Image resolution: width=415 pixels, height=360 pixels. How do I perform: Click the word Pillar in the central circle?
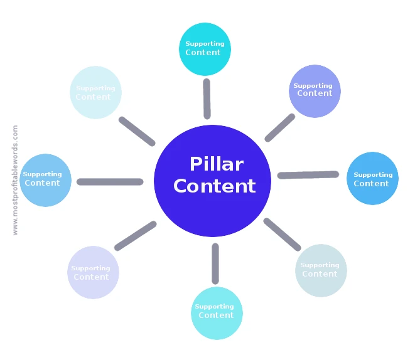click(x=216, y=164)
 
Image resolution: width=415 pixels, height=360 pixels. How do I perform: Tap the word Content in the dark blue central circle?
click(x=214, y=186)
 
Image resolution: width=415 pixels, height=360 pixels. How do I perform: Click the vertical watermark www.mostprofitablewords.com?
click(x=15, y=181)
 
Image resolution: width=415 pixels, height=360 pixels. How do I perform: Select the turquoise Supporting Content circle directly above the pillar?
click(x=205, y=49)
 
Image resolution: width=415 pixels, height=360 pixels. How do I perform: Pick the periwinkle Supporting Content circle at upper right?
click(x=315, y=91)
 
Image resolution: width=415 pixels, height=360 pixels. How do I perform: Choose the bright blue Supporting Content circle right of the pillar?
click(x=372, y=178)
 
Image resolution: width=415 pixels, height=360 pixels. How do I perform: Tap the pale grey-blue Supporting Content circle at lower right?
click(x=321, y=270)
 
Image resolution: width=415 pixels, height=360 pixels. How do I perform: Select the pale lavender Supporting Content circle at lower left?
click(x=93, y=272)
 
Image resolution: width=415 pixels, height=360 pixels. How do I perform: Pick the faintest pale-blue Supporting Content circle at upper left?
click(x=95, y=93)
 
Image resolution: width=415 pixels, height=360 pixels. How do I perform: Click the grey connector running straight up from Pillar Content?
click(x=207, y=98)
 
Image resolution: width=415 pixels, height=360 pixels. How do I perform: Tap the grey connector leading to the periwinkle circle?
click(x=279, y=128)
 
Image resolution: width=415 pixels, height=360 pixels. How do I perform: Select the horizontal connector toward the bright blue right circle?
click(x=308, y=175)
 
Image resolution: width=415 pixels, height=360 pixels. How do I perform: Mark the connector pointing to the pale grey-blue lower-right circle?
click(x=282, y=235)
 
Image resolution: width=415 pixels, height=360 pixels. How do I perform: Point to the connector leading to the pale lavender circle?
click(x=135, y=236)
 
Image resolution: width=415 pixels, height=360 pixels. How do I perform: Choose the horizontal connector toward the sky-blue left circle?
click(x=110, y=182)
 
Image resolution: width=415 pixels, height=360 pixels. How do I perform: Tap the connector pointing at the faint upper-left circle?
click(x=136, y=131)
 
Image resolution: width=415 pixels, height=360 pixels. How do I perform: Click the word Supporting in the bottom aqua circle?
click(x=214, y=307)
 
